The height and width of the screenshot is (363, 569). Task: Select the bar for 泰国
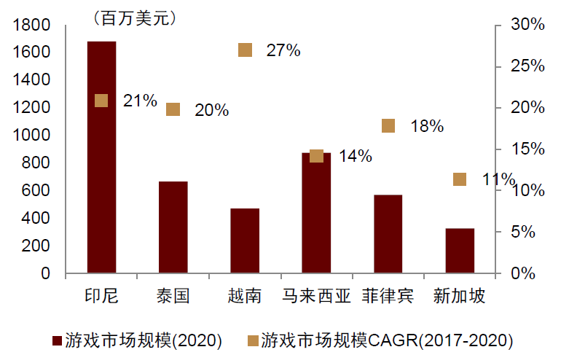(x=173, y=227)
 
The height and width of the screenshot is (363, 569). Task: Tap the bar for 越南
(x=245, y=241)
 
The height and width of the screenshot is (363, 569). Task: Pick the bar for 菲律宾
(x=388, y=234)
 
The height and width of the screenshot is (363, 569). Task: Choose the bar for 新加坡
(x=460, y=251)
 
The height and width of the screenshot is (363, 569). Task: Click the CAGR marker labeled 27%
(x=246, y=50)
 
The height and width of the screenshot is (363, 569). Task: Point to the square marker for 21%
(x=101, y=101)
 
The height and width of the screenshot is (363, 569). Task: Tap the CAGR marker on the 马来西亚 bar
(x=316, y=156)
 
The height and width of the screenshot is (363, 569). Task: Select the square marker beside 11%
(x=460, y=179)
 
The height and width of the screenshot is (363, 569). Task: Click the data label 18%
(x=427, y=126)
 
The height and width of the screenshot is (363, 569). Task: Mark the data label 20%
(x=211, y=110)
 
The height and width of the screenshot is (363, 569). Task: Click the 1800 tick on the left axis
(x=31, y=26)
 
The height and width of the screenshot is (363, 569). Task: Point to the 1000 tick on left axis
(x=31, y=136)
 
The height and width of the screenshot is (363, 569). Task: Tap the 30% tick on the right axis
(x=527, y=26)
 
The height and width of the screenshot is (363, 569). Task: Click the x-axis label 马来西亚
(x=316, y=296)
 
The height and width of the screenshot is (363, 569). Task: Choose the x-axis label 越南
(x=245, y=296)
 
